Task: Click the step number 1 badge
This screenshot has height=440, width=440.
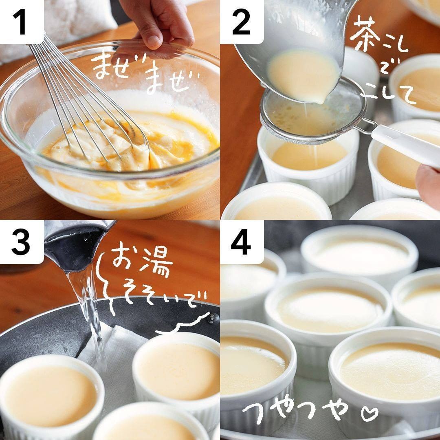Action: point(21,21)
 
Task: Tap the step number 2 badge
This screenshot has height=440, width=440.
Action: point(241,21)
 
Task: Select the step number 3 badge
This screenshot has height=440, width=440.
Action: point(21,242)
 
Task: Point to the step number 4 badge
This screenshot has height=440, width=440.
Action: point(241,242)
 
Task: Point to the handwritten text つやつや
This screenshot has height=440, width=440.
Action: point(295,412)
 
